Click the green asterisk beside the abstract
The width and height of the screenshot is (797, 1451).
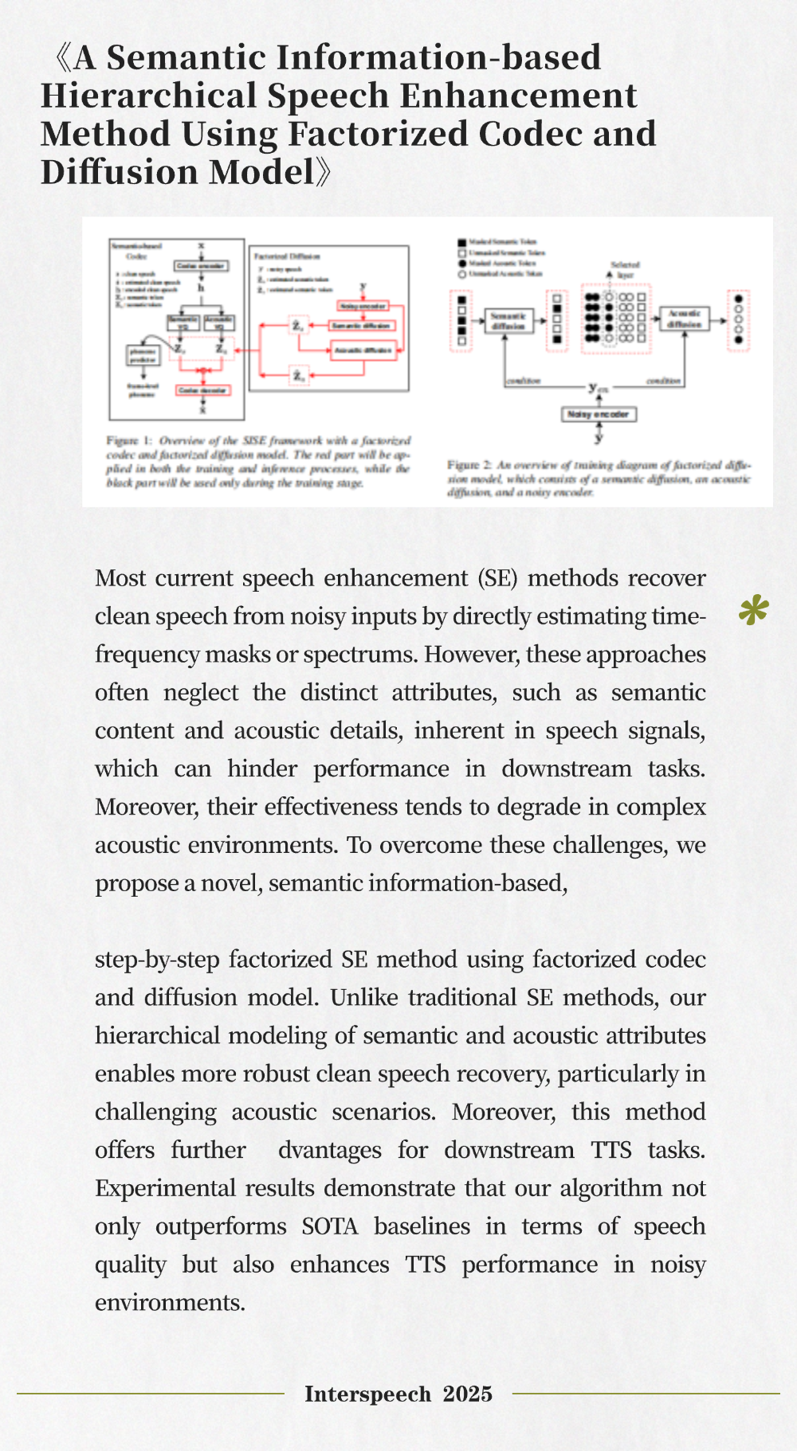click(753, 611)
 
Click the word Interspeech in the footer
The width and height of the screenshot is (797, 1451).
click(367, 1394)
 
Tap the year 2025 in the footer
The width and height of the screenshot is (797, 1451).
click(467, 1394)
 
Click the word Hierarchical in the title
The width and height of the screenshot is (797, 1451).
click(147, 96)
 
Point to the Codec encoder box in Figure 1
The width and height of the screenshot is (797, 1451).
click(201, 265)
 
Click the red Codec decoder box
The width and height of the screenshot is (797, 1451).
click(203, 390)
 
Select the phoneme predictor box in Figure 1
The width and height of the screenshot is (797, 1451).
click(143, 355)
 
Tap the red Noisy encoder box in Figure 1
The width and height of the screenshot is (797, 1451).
click(363, 307)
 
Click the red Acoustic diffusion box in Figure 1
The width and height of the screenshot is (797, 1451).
click(363, 350)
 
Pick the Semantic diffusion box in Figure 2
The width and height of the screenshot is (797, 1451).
click(508, 321)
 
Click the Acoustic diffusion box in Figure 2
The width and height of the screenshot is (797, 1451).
click(684, 319)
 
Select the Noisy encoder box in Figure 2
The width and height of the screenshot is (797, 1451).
click(599, 414)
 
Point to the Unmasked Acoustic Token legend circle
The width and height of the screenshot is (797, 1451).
click(461, 274)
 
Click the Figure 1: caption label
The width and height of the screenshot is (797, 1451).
click(128, 440)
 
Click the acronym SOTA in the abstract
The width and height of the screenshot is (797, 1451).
click(329, 1226)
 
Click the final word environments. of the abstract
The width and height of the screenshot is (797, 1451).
click(170, 1303)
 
